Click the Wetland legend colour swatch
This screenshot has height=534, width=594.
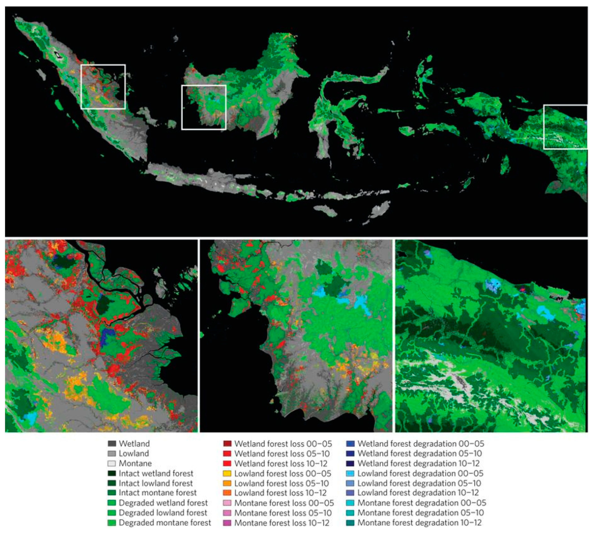[112, 444]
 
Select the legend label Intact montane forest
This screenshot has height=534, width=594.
[157, 493]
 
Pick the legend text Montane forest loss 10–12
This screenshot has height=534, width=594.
[282, 523]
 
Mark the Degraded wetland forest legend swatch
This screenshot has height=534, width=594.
[112, 503]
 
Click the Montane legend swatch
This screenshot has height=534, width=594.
[112, 464]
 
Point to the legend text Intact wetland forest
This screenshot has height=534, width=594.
[156, 473]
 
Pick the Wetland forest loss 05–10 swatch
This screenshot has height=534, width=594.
[227, 454]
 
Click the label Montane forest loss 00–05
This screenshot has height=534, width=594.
[284, 503]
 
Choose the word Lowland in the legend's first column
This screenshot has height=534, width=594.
[134, 454]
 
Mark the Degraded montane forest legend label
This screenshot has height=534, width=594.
[165, 523]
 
